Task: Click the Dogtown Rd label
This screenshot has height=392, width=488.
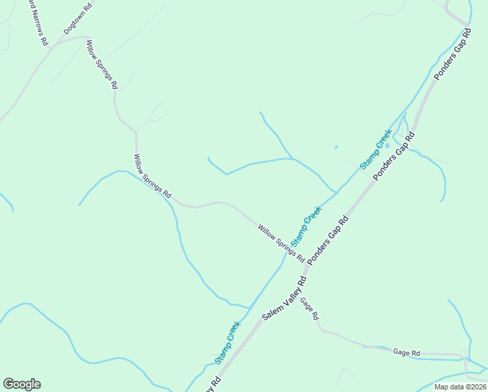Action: (78, 18)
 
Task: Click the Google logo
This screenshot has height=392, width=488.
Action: (22, 384)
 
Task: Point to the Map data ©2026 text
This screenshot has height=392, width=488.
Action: (460, 387)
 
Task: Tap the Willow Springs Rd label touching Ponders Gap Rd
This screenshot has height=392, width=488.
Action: (281, 244)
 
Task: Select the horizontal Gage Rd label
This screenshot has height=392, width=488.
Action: (406, 352)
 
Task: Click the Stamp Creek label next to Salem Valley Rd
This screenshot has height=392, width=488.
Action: (228, 342)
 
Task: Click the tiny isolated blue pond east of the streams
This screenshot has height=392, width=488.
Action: (337, 147)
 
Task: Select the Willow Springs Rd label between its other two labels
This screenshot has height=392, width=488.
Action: (152, 176)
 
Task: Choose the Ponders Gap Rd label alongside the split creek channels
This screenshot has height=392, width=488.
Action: (394, 157)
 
